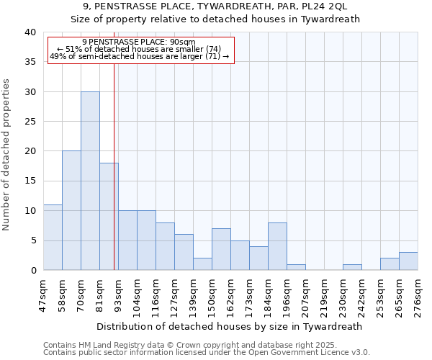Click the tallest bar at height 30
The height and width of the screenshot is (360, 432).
click(x=90, y=181)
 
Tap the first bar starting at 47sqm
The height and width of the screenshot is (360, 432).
click(x=53, y=237)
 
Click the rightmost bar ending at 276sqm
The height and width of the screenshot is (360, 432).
click(x=408, y=261)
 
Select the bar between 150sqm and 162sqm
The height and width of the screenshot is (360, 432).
click(x=221, y=249)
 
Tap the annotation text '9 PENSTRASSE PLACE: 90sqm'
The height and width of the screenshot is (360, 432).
click(x=139, y=42)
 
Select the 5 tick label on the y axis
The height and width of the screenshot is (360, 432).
click(x=32, y=240)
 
